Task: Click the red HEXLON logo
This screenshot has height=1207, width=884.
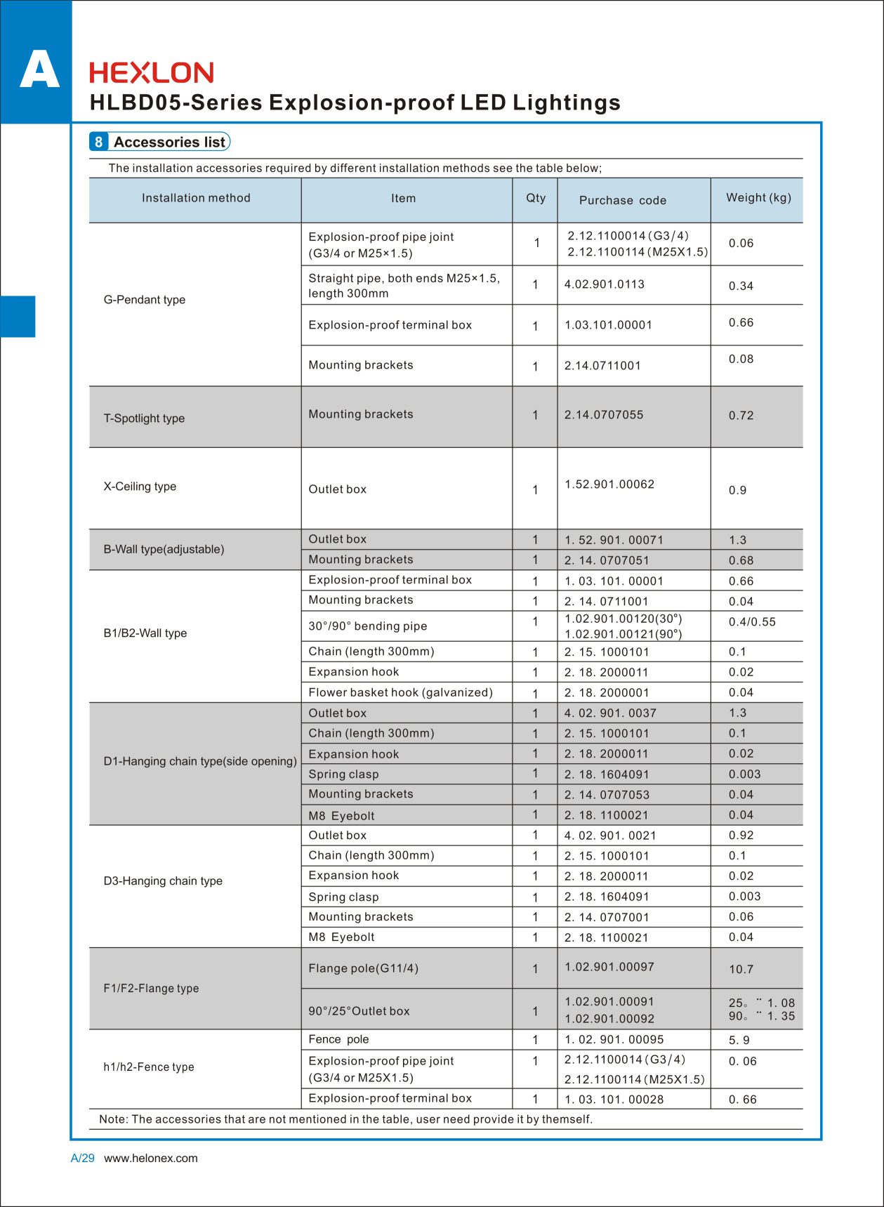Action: (152, 73)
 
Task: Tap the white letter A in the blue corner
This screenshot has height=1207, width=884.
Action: (39, 70)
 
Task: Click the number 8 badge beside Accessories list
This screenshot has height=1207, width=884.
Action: (98, 142)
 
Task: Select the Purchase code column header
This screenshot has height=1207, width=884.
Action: (622, 200)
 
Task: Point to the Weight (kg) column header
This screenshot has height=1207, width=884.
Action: (758, 198)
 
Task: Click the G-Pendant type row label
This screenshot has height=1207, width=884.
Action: (145, 300)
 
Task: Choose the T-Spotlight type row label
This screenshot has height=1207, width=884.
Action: (144, 418)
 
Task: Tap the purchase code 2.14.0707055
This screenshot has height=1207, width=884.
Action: (604, 415)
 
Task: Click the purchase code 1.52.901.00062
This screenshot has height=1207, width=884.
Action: (609, 484)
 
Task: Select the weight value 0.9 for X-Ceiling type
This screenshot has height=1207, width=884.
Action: (737, 490)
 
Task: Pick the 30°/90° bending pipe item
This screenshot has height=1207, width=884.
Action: (368, 626)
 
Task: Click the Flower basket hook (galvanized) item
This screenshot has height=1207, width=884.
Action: (400, 692)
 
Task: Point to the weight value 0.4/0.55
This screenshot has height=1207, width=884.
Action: (752, 622)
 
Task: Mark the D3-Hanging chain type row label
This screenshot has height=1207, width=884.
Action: (163, 881)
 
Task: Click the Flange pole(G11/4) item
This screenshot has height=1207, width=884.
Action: (363, 968)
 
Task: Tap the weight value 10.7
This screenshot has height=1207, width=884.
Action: (741, 970)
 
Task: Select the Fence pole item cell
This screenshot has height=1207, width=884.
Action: (338, 1039)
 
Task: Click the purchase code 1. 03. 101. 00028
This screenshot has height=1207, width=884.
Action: (614, 1100)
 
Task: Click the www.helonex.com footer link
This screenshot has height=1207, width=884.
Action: (151, 1159)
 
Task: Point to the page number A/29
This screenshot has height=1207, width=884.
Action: (82, 1159)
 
